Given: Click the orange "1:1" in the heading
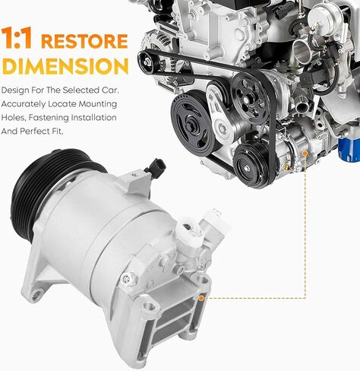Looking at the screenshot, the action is click(17, 38).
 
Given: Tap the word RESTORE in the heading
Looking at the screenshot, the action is click(84, 41).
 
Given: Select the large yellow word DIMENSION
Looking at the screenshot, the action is click(65, 66).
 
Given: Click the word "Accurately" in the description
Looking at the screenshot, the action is click(24, 104).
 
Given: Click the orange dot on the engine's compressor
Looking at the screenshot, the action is click(305, 154).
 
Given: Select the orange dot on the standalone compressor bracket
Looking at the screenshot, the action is click(201, 298).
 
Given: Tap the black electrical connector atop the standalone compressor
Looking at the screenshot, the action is click(155, 167).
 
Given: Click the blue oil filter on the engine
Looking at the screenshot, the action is click(349, 150).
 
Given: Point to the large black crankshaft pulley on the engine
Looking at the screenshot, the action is click(193, 124).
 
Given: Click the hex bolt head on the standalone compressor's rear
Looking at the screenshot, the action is click(127, 279).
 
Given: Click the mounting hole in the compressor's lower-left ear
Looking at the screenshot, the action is click(36, 294).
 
